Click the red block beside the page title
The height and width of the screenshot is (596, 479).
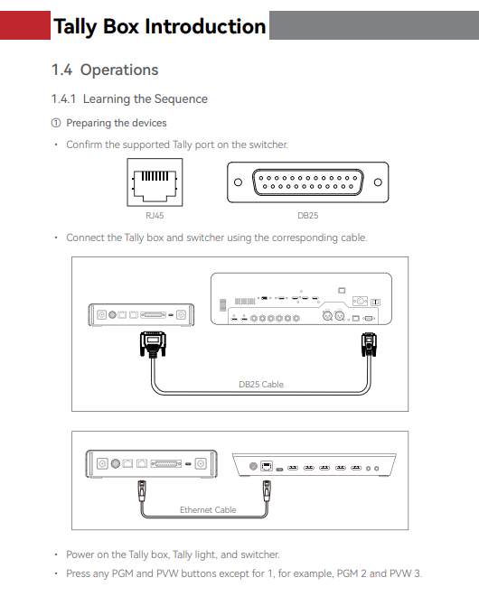coord(25,25)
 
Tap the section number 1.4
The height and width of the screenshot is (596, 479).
coord(61,70)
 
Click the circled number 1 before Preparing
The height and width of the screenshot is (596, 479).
coord(56,123)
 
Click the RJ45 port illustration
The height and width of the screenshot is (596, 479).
coord(155,182)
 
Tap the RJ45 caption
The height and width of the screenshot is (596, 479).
coord(155,216)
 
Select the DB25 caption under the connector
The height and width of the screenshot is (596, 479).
coord(308,216)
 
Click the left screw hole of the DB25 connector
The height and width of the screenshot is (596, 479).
coord(239,182)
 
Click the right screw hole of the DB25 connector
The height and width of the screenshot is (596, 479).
coord(378,182)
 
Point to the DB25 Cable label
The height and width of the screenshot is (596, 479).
coord(261,385)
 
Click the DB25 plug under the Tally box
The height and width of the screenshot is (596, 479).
coord(153,344)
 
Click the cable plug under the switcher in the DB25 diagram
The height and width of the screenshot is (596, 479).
coord(369,344)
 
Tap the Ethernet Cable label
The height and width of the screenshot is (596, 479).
coord(208,509)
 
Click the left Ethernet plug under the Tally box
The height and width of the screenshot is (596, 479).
coord(142,490)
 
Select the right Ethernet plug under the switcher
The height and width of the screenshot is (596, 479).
coord(267,490)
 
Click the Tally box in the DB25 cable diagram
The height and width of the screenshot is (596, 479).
coord(141,315)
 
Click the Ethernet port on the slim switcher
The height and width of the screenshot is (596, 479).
coord(267,466)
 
